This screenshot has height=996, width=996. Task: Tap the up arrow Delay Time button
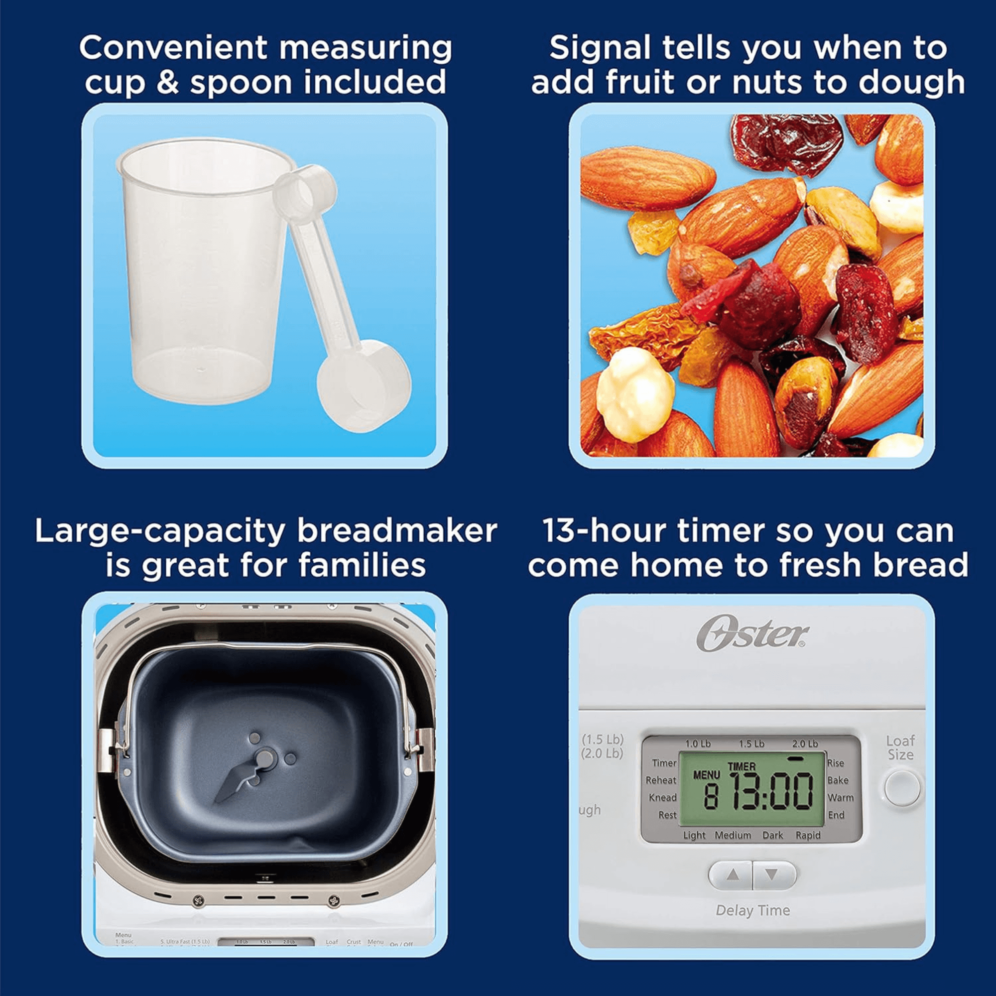[733, 875]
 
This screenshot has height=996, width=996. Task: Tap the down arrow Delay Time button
[771, 875]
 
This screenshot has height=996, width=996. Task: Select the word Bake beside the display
[838, 780]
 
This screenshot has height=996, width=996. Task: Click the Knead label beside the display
[662, 797]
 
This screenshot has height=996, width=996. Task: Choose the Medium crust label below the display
[733, 835]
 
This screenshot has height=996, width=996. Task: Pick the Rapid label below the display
[808, 835]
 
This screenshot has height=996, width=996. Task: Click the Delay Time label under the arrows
[752, 910]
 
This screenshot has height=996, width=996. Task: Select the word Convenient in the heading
[173, 48]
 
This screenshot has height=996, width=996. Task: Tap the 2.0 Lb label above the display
[805, 744]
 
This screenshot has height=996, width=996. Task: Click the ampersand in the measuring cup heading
[167, 83]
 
